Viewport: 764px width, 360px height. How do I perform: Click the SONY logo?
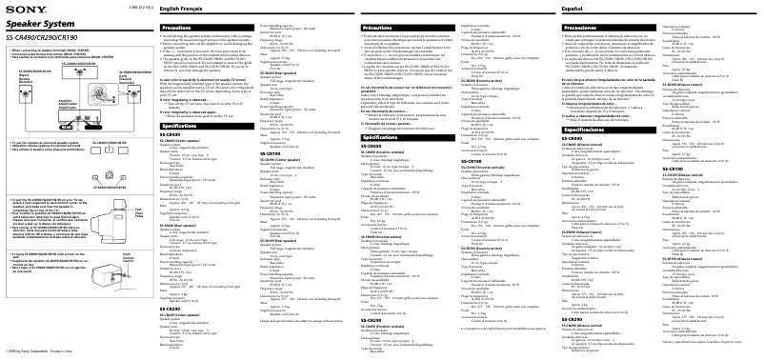click(x=17, y=8)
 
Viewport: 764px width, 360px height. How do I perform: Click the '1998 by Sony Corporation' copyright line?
click(x=38, y=353)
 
